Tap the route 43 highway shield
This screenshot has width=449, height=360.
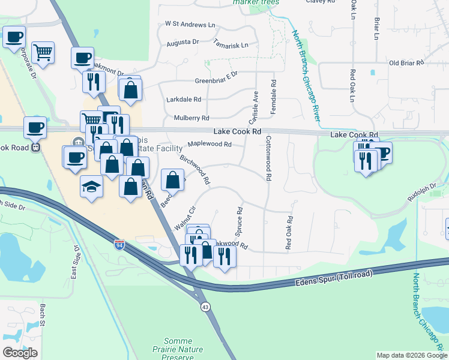(205, 307)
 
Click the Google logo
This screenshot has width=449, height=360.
(20, 352)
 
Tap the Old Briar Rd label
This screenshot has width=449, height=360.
(406, 62)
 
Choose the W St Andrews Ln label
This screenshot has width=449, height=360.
(189, 25)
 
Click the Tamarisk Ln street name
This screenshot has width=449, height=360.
(231, 45)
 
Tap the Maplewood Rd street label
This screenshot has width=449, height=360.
(209, 144)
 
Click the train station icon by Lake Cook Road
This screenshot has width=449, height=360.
(35, 146)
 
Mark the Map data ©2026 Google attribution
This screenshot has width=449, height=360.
(411, 355)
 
